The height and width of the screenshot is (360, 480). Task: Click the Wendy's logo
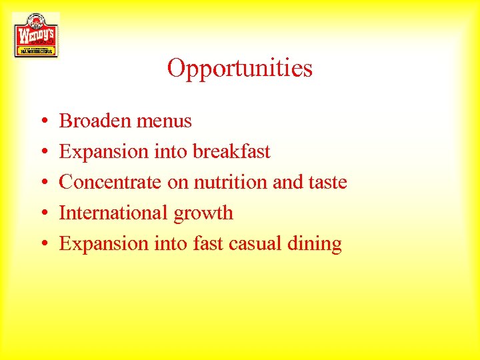coord(36,35)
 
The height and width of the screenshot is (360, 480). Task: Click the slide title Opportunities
coord(240,68)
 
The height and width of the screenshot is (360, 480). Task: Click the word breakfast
coord(231,151)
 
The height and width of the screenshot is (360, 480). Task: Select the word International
coord(114,213)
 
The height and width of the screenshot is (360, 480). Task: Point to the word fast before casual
coord(209,243)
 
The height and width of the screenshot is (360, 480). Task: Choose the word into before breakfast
coord(171,151)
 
